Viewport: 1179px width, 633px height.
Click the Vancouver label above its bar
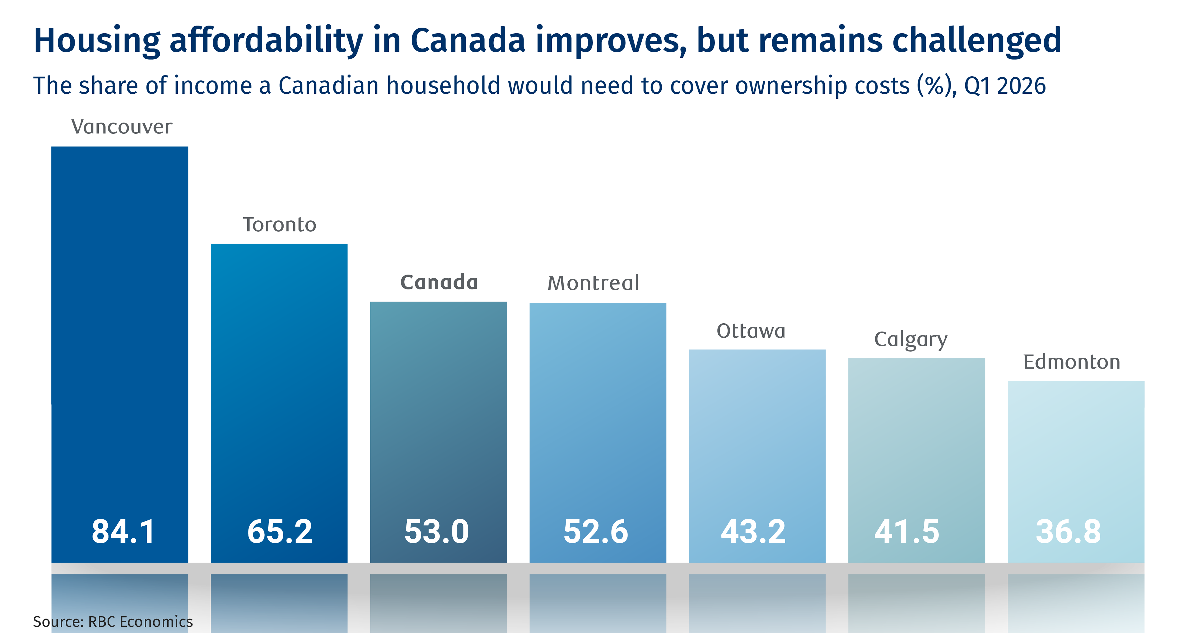122,127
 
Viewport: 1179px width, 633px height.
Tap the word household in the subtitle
443,86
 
